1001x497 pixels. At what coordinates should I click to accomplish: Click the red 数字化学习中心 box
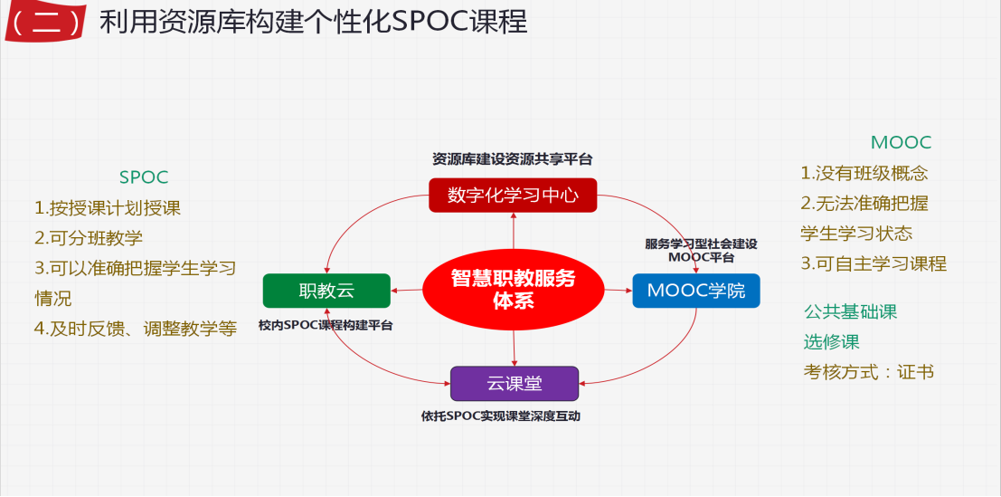pyautogui.click(x=513, y=195)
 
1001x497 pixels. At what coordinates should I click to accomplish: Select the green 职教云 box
pyautogui.click(x=326, y=291)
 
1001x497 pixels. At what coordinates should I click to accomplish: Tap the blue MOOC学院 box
pyautogui.click(x=695, y=291)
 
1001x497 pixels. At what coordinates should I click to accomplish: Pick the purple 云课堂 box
pyautogui.click(x=514, y=383)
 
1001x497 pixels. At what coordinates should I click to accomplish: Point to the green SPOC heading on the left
pyautogui.click(x=144, y=177)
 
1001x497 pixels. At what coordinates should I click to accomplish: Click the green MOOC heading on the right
pyautogui.click(x=901, y=142)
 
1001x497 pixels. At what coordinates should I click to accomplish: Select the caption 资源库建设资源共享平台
pyautogui.click(x=512, y=159)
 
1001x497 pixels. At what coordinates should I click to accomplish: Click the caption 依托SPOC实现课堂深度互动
pyautogui.click(x=514, y=417)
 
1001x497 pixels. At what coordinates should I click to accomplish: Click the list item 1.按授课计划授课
pyautogui.click(x=108, y=208)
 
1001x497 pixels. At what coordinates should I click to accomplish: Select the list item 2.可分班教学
pyautogui.click(x=89, y=238)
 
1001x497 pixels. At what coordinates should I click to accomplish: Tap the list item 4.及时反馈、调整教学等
pyautogui.click(x=136, y=329)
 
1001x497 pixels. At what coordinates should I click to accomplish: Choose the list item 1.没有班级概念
pyautogui.click(x=864, y=173)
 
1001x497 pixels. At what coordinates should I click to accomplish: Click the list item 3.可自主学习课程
pyautogui.click(x=874, y=263)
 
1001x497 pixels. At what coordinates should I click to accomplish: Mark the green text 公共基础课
pyautogui.click(x=850, y=311)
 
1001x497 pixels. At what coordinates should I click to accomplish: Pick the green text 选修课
pyautogui.click(x=831, y=341)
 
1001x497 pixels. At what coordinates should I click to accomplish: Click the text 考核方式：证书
pyautogui.click(x=868, y=371)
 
